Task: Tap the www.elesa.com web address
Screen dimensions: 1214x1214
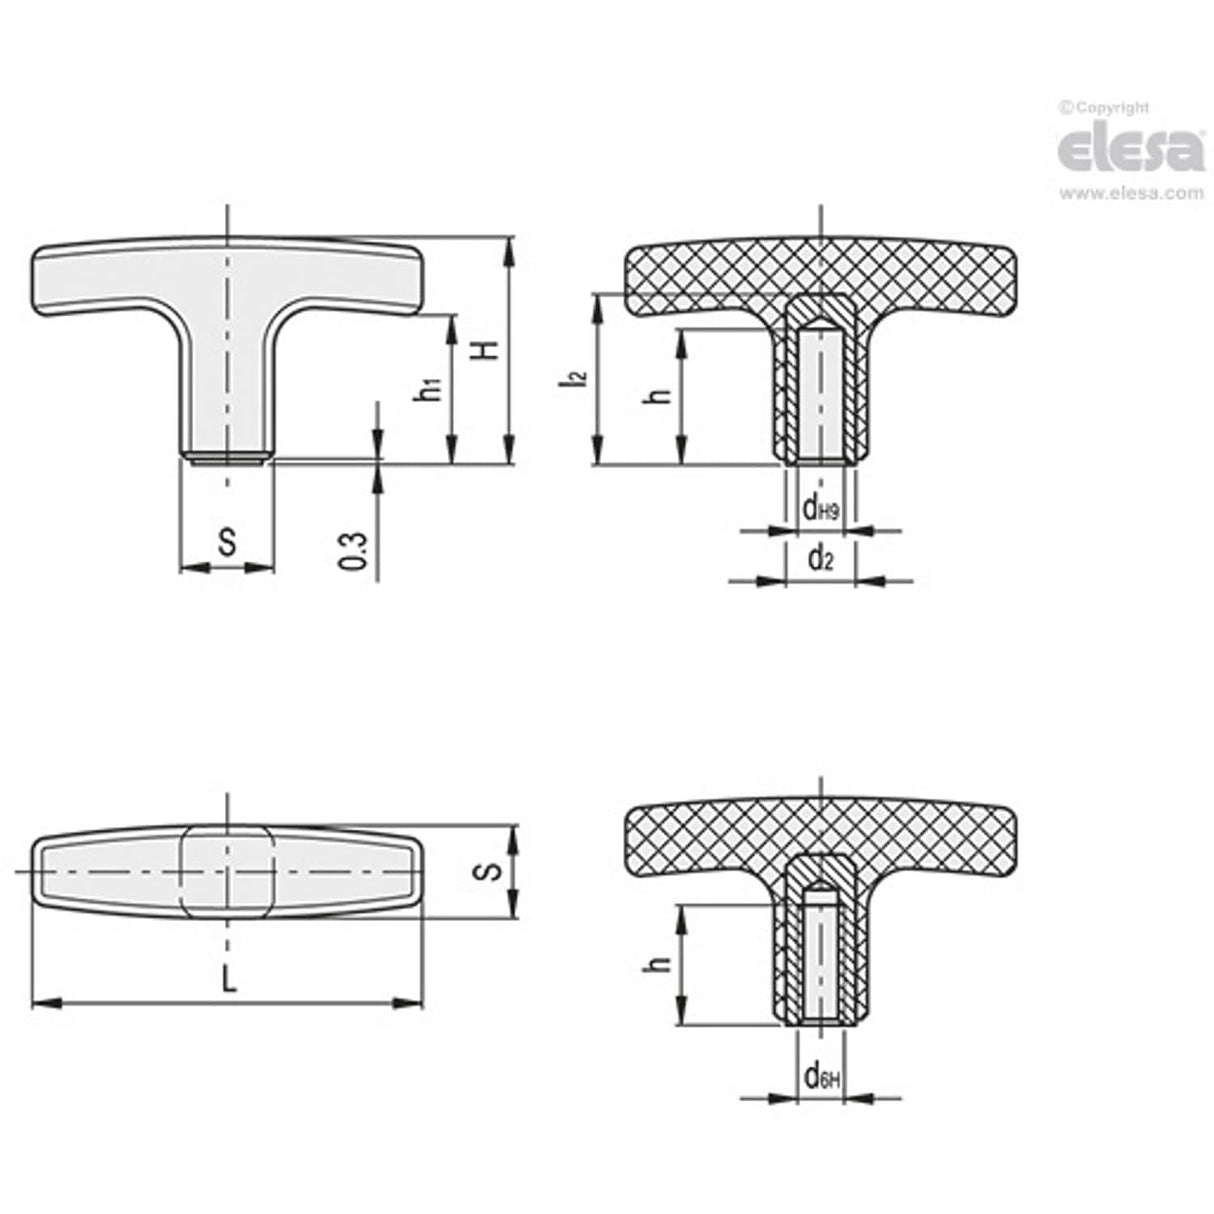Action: [x=1131, y=194]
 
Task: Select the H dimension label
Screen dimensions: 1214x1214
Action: [x=485, y=350]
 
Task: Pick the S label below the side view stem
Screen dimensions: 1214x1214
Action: [x=227, y=543]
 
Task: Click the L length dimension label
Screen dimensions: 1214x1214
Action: [x=229, y=980]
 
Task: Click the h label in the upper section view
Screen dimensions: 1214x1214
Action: [x=656, y=396]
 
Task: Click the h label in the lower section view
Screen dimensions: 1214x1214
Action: [x=656, y=964]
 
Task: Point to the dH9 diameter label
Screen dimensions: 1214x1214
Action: [x=820, y=509]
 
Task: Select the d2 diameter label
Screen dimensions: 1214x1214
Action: [x=820, y=559]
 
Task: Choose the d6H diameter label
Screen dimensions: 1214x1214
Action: [x=820, y=1077]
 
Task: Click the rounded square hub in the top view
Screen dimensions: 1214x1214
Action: [x=228, y=871]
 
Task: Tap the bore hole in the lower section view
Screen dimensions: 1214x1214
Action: [x=820, y=960]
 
